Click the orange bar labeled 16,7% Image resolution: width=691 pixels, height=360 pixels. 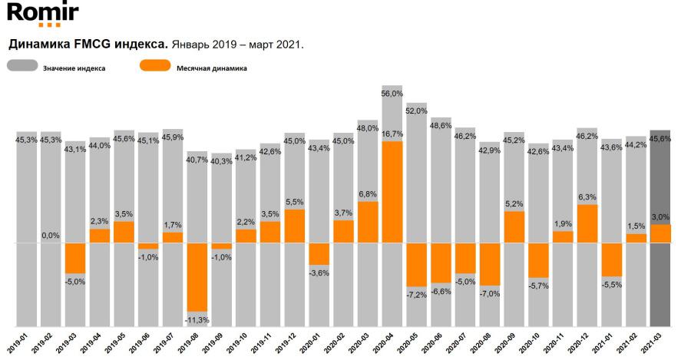(392, 192)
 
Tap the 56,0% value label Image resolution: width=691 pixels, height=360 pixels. (392, 94)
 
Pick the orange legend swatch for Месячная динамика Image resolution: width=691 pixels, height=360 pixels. (154, 67)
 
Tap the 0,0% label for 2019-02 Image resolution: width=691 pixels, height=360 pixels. (51, 236)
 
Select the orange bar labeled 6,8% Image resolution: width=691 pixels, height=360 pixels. (368, 222)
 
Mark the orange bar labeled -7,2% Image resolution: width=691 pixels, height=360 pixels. (417, 265)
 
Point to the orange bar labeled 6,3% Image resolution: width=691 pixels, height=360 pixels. (587, 223)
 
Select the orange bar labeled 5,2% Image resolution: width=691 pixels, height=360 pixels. (514, 227)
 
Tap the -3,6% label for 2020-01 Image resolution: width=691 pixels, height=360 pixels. (319, 273)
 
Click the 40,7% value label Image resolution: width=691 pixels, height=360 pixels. (197, 160)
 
